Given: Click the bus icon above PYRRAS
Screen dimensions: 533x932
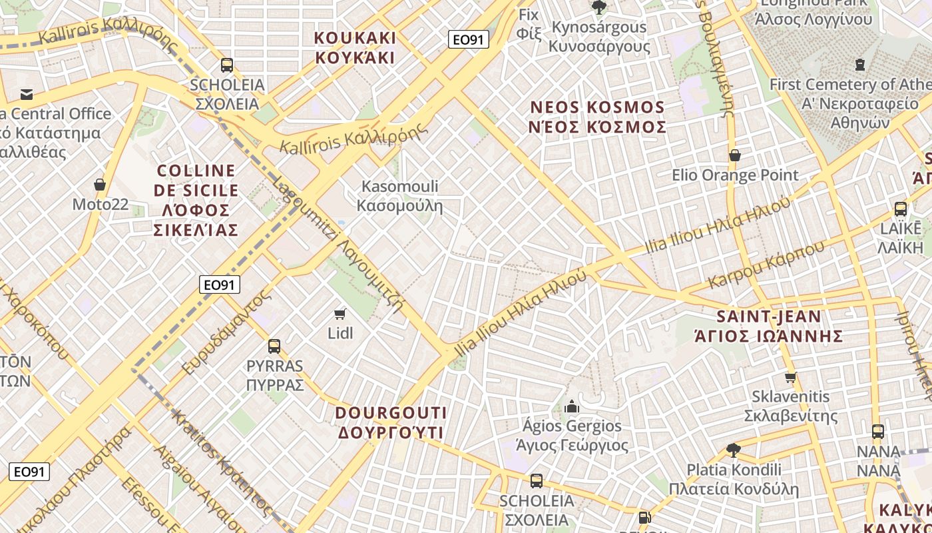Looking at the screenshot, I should (x=274, y=346).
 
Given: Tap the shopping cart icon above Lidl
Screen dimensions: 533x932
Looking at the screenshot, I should (x=340, y=314).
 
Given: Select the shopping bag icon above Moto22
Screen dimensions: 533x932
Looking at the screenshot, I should (x=100, y=185).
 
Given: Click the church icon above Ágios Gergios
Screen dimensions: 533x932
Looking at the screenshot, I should (x=571, y=406).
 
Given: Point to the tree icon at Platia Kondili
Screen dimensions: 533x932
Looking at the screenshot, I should (x=734, y=450).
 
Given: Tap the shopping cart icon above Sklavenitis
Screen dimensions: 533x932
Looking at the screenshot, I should (x=790, y=378).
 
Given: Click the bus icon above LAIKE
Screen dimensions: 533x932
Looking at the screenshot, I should (x=900, y=209).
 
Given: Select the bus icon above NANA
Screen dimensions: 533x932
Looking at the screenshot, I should (x=878, y=432).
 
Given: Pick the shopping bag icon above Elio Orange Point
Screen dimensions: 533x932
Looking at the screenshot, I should (x=735, y=156).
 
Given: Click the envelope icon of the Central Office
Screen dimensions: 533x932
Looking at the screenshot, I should (x=27, y=95).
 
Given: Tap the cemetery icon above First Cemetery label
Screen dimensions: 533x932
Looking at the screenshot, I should (x=859, y=65).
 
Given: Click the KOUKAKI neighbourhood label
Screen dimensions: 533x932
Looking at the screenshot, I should (x=355, y=47).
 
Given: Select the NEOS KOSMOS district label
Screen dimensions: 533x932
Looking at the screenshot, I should (x=597, y=117).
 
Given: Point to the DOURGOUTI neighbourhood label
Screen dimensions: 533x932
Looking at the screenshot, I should (x=391, y=422).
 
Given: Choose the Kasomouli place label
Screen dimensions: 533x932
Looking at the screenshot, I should (x=399, y=195).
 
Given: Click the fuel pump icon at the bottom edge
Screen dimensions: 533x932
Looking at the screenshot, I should (x=644, y=518).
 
